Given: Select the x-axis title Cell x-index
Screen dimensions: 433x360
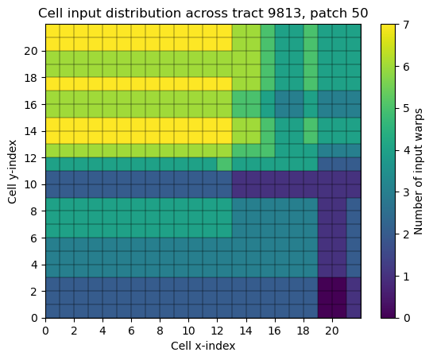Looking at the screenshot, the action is pos(203,346).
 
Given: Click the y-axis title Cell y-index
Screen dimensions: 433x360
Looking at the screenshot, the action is pos(13,172).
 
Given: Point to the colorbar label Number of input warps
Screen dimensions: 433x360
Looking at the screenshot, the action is pos(419,172).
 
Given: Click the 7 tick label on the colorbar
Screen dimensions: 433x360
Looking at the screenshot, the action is pos(406,25).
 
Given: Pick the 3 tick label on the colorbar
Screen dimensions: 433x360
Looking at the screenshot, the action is pos(406,192).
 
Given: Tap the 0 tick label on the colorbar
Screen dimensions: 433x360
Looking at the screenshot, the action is pos(406,318).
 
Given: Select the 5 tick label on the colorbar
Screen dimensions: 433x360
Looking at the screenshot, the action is pos(406,108).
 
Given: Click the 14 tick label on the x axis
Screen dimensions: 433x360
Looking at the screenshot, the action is pos(245,330).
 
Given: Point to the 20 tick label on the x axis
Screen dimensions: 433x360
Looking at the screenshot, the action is pos(332,330).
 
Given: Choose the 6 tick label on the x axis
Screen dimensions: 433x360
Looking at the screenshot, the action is pos(131,330).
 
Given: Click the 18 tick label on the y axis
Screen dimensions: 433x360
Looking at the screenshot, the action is pos(30,78).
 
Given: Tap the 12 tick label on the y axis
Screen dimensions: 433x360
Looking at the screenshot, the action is pos(30,158).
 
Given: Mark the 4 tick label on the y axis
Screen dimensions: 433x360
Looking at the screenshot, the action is pos(33,265).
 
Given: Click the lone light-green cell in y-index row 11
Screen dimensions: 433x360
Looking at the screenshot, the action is pos(225,165).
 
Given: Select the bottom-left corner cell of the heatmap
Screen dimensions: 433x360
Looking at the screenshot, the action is pos(52,311).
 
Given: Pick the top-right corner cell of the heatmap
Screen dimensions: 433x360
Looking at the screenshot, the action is pos(354,31).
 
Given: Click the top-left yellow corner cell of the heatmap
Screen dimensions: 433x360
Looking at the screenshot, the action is pos(52,31).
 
